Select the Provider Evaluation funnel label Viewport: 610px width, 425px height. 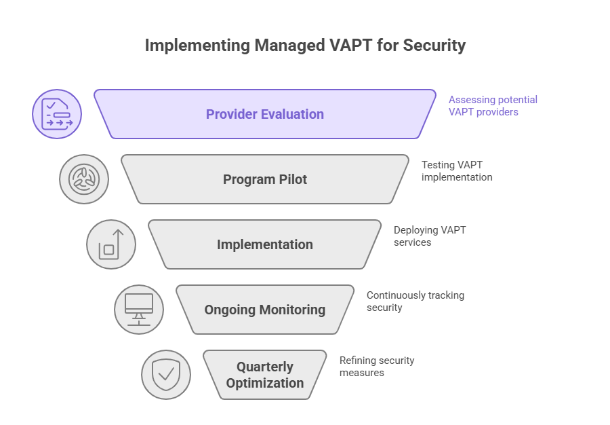264,114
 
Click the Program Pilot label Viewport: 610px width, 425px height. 265,179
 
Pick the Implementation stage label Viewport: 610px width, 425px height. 265,244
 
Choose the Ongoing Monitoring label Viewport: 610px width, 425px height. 265,310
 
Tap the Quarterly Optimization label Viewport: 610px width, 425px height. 265,375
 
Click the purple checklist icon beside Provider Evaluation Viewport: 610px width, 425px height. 57,114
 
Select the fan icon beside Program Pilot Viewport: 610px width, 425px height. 84,179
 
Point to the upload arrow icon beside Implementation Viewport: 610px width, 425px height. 111,244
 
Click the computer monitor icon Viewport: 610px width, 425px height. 139,310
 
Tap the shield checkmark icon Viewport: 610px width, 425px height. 166,375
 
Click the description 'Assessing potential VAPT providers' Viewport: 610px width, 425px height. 493,105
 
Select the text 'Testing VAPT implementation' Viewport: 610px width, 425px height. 456,170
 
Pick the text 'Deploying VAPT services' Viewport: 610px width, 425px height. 429,236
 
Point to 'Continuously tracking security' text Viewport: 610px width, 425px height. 415,301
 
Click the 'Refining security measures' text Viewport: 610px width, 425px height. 376,366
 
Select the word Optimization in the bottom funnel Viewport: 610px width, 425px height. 265,383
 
